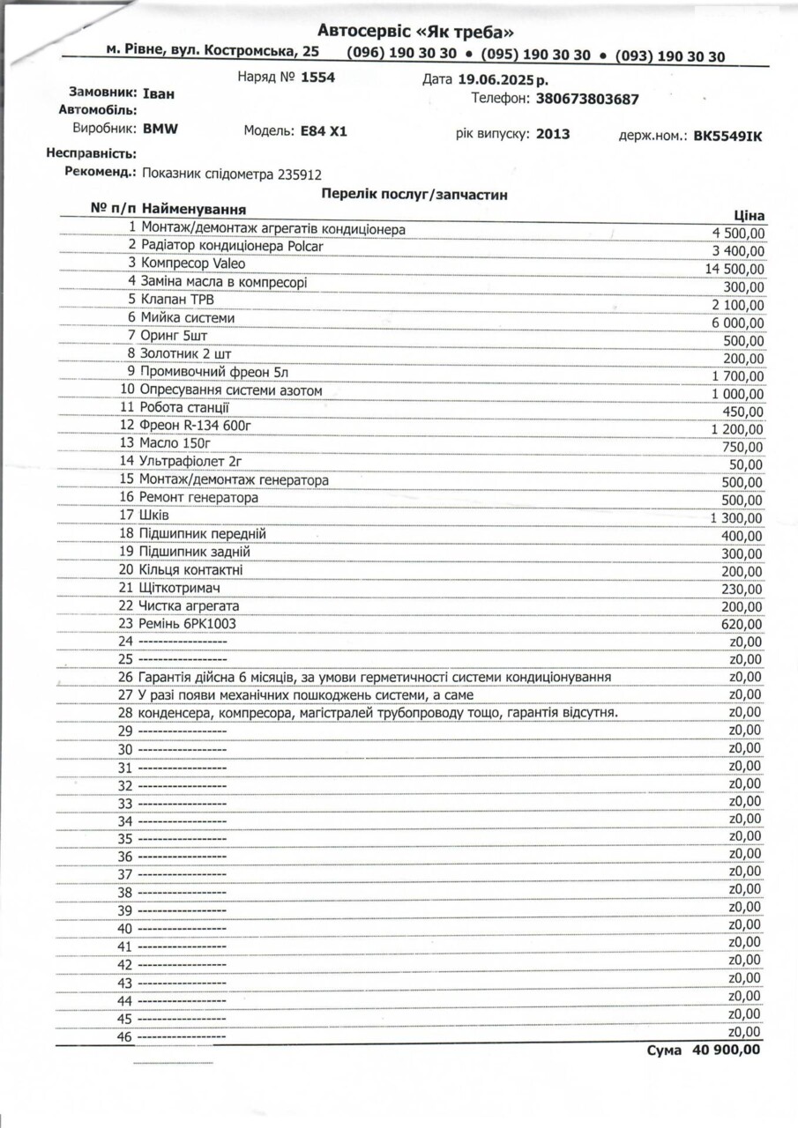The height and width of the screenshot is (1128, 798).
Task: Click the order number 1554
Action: (317, 77)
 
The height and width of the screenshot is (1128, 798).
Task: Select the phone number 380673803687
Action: (587, 99)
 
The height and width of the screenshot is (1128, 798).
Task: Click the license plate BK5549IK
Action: (727, 137)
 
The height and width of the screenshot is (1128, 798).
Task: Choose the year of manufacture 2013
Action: (552, 134)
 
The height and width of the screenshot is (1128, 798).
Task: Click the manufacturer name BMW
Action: (160, 129)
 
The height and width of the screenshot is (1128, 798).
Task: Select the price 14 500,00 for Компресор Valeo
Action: (735, 269)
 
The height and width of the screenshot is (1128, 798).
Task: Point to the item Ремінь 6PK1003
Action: (188, 624)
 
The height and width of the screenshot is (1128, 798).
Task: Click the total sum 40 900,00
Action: (727, 1050)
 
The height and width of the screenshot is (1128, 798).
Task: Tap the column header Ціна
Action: (749, 215)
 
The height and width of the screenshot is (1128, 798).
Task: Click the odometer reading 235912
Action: (299, 174)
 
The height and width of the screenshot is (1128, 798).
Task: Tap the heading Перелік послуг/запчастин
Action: (414, 194)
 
